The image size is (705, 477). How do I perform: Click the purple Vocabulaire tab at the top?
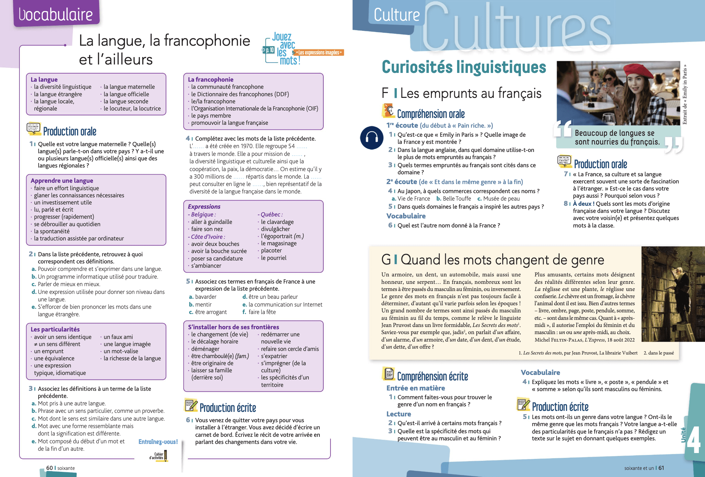coord(56,14)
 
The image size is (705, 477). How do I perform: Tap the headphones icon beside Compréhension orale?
coord(372,138)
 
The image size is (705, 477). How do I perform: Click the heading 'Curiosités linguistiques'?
coord(464,67)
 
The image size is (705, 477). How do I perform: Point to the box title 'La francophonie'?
coord(211,79)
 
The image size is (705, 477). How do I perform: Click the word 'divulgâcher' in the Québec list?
coord(275,229)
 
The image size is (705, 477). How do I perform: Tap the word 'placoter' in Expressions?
coord(272,250)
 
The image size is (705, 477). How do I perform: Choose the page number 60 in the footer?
coord(49,468)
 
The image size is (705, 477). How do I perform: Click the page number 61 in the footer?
coord(661,468)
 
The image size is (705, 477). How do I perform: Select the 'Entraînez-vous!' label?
coord(158,442)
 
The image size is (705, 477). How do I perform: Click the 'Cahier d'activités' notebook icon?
coord(165,456)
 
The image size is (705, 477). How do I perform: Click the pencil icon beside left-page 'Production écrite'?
coord(191,405)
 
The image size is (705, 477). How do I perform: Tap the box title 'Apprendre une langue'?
coord(62,180)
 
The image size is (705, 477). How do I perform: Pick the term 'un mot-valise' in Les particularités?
coord(121,351)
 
